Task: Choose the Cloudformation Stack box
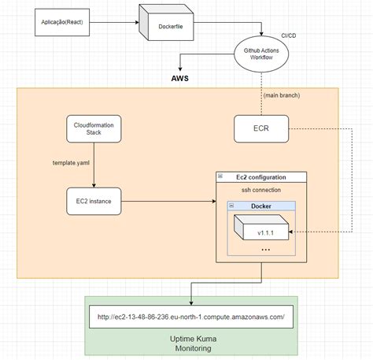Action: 94,128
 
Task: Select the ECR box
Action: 261,128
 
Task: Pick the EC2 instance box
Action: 94,202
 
